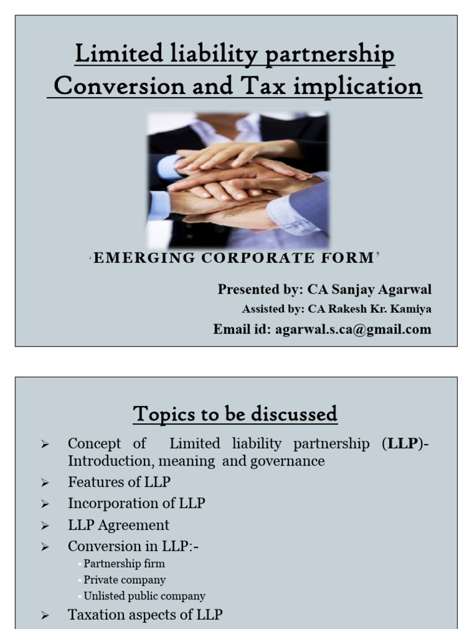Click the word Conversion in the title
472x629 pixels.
pyautogui.click(x=115, y=86)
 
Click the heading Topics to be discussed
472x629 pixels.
pyautogui.click(x=235, y=414)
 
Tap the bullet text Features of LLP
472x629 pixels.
pyautogui.click(x=119, y=482)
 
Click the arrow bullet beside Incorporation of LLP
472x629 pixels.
pyautogui.click(x=45, y=504)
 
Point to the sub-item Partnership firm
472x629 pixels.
pyautogui.click(x=124, y=563)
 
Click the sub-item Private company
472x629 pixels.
pyautogui.click(x=125, y=579)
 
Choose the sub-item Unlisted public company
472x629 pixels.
pyautogui.click(x=144, y=596)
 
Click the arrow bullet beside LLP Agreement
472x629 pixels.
pyautogui.click(x=45, y=526)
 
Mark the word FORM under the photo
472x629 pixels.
pyautogui.click(x=350, y=258)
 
